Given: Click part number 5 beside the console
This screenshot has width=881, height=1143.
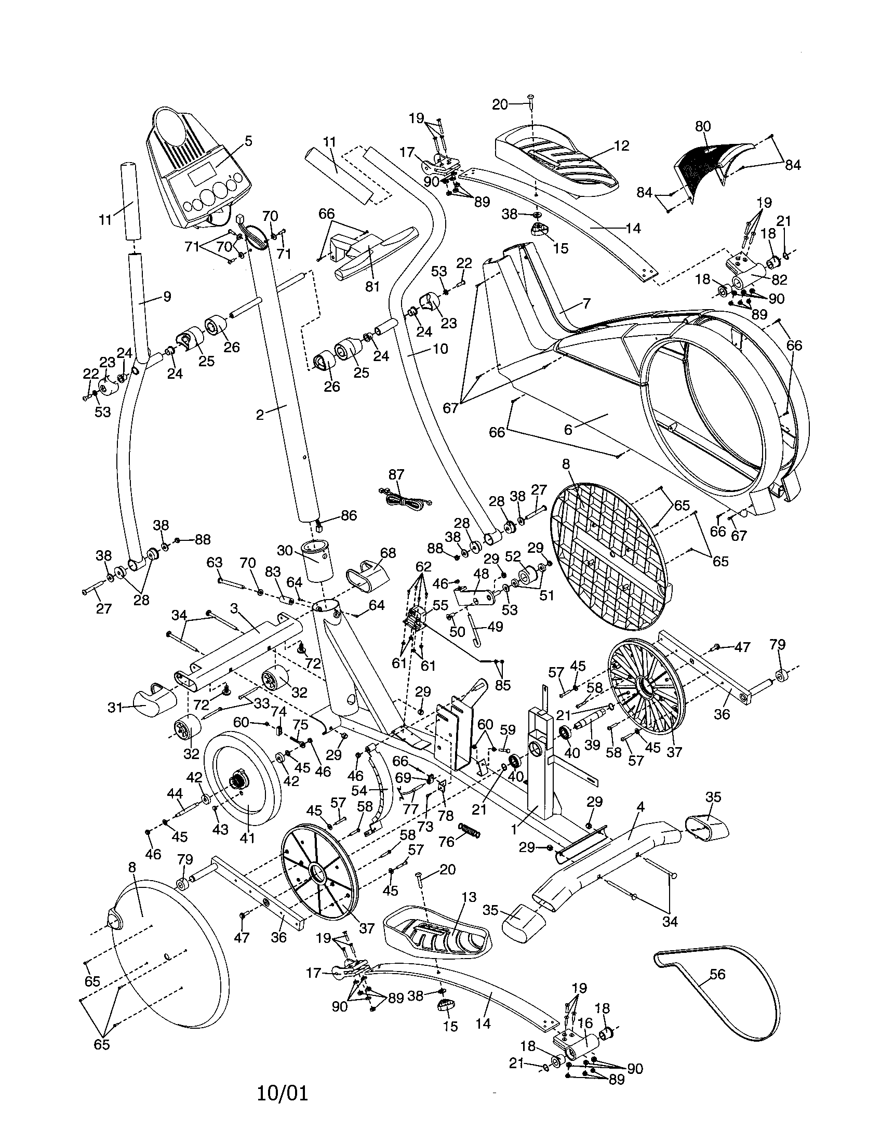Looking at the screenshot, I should click(248, 140).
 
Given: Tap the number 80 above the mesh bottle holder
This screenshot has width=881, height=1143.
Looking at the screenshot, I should click(703, 126).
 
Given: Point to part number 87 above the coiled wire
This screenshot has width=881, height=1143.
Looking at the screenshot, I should click(396, 474).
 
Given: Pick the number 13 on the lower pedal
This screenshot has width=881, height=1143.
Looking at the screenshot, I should click(469, 897).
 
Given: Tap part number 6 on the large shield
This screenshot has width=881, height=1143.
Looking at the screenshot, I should click(569, 429).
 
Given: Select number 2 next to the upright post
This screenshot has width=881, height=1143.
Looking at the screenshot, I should click(260, 414).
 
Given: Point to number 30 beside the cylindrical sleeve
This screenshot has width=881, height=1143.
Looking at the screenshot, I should click(285, 551).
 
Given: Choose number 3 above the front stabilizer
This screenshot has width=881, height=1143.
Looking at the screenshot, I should click(234, 608).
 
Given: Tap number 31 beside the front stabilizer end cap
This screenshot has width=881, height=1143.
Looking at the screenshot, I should click(115, 708).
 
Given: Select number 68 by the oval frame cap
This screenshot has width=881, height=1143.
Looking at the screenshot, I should click(388, 553).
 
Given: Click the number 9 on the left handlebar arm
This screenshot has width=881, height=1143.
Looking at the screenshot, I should click(167, 297).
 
